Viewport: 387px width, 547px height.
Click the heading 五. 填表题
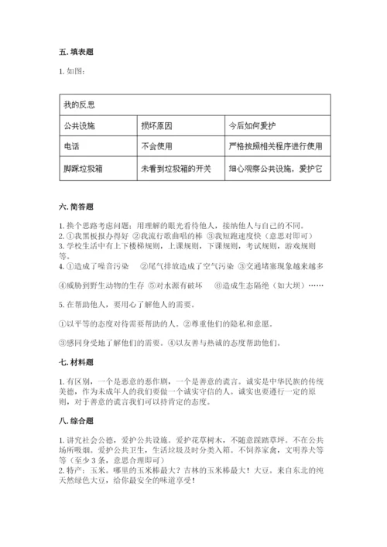click(x=76, y=52)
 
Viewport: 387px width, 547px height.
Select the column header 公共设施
click(x=81, y=124)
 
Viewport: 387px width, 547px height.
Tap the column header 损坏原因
click(x=158, y=124)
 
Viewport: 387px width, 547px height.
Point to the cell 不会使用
click(x=158, y=145)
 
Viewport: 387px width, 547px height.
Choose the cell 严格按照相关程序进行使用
click(x=275, y=145)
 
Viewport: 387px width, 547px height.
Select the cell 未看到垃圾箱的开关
click(x=176, y=166)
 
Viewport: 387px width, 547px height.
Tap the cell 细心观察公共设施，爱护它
click(x=275, y=166)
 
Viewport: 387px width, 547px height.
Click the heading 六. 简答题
click(x=76, y=207)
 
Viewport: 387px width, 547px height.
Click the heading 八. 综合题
click(x=76, y=421)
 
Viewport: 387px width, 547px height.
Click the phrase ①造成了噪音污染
click(x=98, y=265)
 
